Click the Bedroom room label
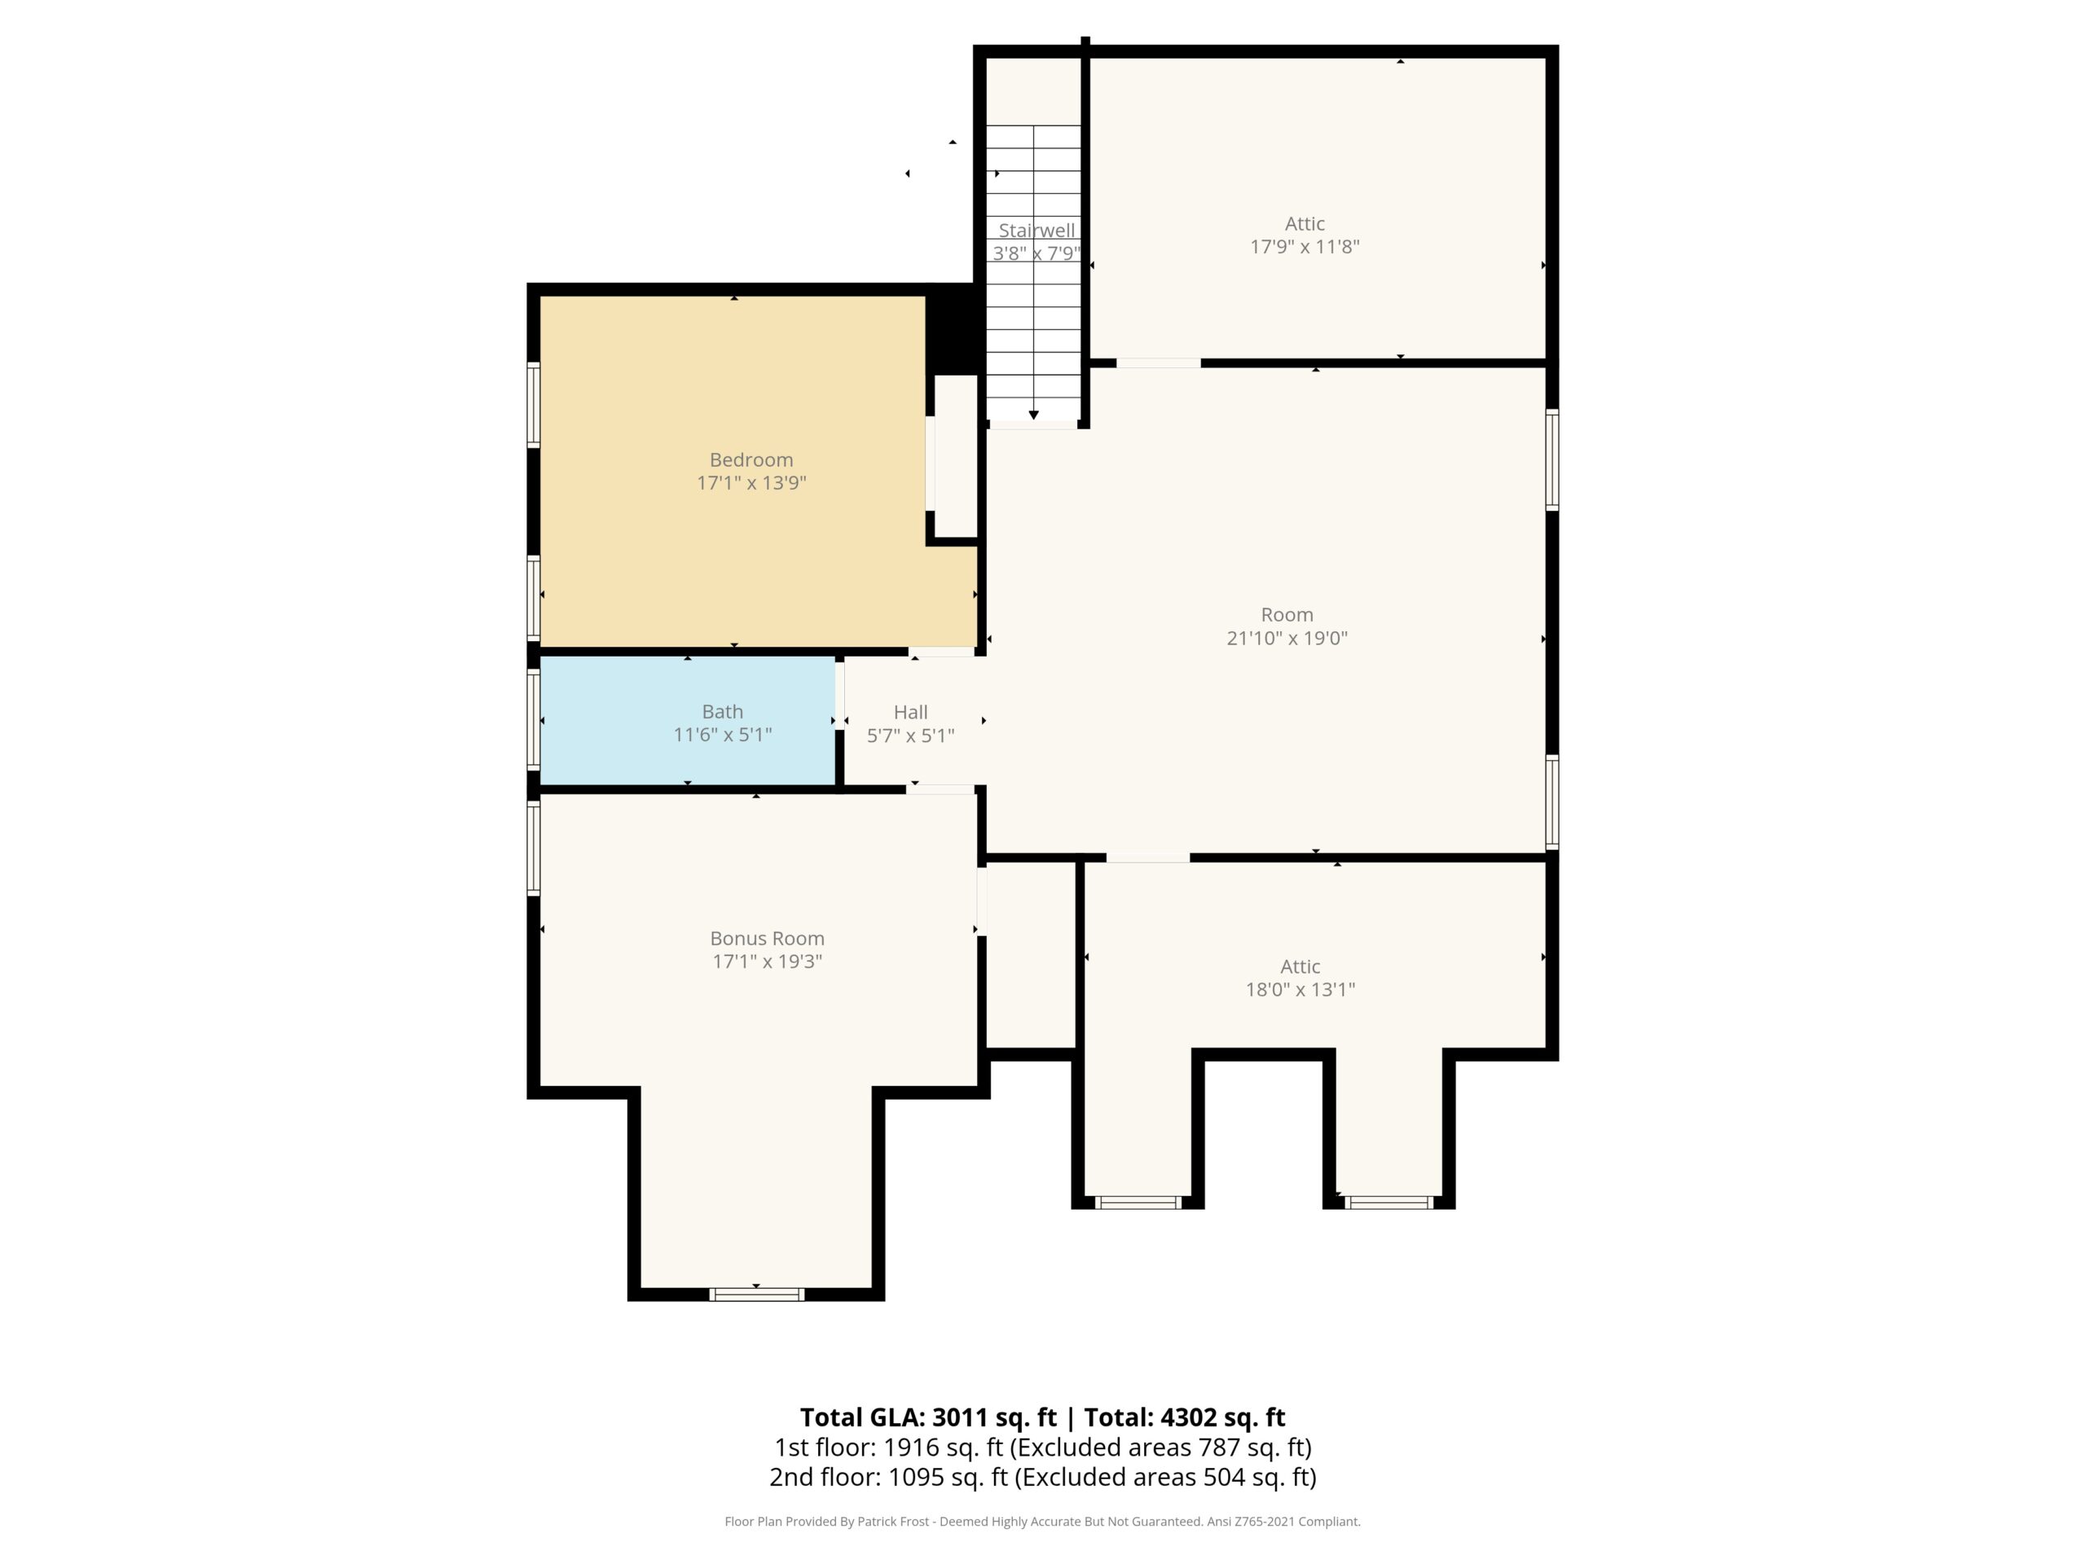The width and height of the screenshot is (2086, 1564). [751, 460]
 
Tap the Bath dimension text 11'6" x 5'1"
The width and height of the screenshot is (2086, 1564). [723, 736]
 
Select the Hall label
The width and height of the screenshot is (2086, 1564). [911, 713]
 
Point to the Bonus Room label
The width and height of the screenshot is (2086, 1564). [768, 939]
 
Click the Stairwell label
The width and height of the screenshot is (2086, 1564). [1036, 230]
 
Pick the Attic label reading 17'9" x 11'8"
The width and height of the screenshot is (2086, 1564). [1305, 235]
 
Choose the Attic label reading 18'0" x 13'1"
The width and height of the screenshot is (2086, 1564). [1300, 978]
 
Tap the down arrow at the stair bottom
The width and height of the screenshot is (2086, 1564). [1033, 415]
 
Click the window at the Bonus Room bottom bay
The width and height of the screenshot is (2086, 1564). [756, 1294]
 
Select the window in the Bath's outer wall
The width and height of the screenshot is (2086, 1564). [534, 718]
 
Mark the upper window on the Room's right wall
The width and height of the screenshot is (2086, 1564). [1551, 459]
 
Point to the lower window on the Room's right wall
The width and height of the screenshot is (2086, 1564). [1551, 802]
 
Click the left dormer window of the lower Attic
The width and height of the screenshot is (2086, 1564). [1138, 1202]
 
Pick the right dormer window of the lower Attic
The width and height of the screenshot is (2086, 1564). [1389, 1202]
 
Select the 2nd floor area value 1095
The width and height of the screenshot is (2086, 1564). [916, 1478]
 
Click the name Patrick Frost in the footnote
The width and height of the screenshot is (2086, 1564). [893, 1522]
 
